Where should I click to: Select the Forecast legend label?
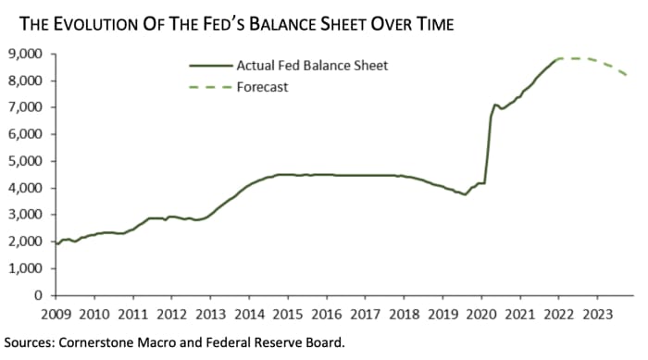point(262,87)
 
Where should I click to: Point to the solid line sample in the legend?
point(207,66)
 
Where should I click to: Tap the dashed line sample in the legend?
point(207,87)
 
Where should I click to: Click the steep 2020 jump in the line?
point(488,148)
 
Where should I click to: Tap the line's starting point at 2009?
point(56,242)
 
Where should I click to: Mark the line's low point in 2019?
point(465,194)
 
